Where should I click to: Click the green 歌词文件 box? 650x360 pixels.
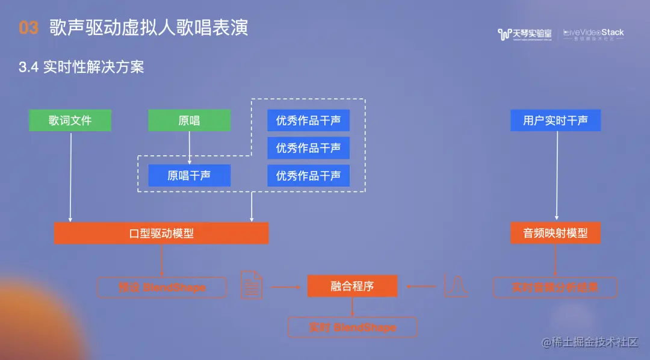point(70,120)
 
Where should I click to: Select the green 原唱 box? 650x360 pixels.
point(190,120)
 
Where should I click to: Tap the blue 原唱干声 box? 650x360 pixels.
point(190,176)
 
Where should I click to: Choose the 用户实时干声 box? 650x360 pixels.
point(556,120)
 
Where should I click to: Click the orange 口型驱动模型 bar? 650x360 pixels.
point(161,233)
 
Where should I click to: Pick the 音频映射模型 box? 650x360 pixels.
point(556,233)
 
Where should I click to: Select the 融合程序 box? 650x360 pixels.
point(352,286)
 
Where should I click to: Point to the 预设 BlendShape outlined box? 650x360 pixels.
point(162,287)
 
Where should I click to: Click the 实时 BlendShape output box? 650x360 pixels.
point(352,327)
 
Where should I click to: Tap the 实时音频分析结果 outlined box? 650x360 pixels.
point(555,287)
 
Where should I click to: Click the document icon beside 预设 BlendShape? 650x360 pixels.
point(252,285)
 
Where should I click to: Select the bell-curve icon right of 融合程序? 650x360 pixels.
point(456,285)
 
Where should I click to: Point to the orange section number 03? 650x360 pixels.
point(28,28)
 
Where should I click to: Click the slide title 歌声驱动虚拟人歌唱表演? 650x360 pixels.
point(149,28)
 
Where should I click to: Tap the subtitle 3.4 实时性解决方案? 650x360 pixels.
point(81,67)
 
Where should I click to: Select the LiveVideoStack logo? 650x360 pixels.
point(593,34)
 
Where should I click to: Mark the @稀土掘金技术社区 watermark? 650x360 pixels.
point(589,342)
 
